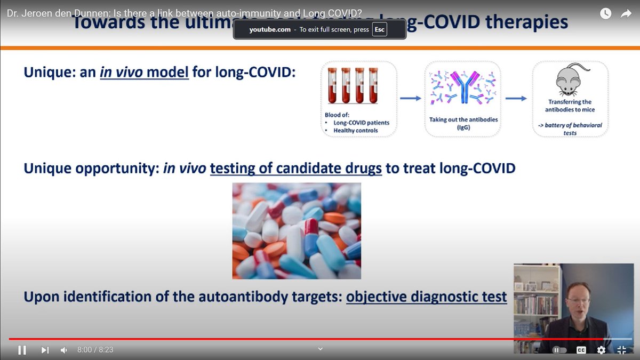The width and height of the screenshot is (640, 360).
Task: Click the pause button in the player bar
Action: (x=22, y=350)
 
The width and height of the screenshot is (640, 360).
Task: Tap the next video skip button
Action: (x=45, y=350)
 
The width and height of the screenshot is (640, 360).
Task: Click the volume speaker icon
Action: (x=64, y=350)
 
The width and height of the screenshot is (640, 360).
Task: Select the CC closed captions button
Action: (x=581, y=350)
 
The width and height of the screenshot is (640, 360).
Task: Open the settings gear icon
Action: (x=601, y=350)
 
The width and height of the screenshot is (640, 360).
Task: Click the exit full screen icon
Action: (x=621, y=350)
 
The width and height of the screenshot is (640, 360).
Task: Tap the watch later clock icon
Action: (x=605, y=14)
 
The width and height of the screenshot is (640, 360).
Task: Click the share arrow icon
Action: (x=626, y=14)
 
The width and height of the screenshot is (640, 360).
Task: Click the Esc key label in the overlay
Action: (x=379, y=30)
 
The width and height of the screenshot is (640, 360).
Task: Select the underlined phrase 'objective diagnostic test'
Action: (x=426, y=297)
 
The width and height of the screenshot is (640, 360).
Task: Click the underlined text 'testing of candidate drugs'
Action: (x=296, y=169)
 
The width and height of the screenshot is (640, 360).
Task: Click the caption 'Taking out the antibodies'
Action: (x=463, y=119)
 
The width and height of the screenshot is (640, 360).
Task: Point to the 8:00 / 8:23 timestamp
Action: (x=95, y=350)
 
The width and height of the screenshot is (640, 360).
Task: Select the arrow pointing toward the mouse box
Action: (x=516, y=98)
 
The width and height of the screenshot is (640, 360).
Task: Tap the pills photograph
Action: (x=297, y=230)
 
